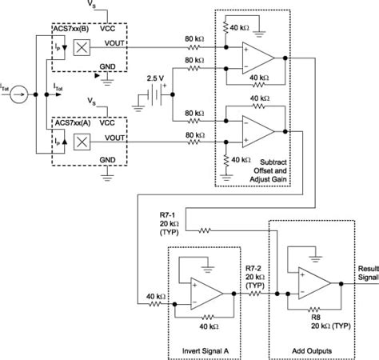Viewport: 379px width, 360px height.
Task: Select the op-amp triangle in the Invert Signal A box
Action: coord(206,297)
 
